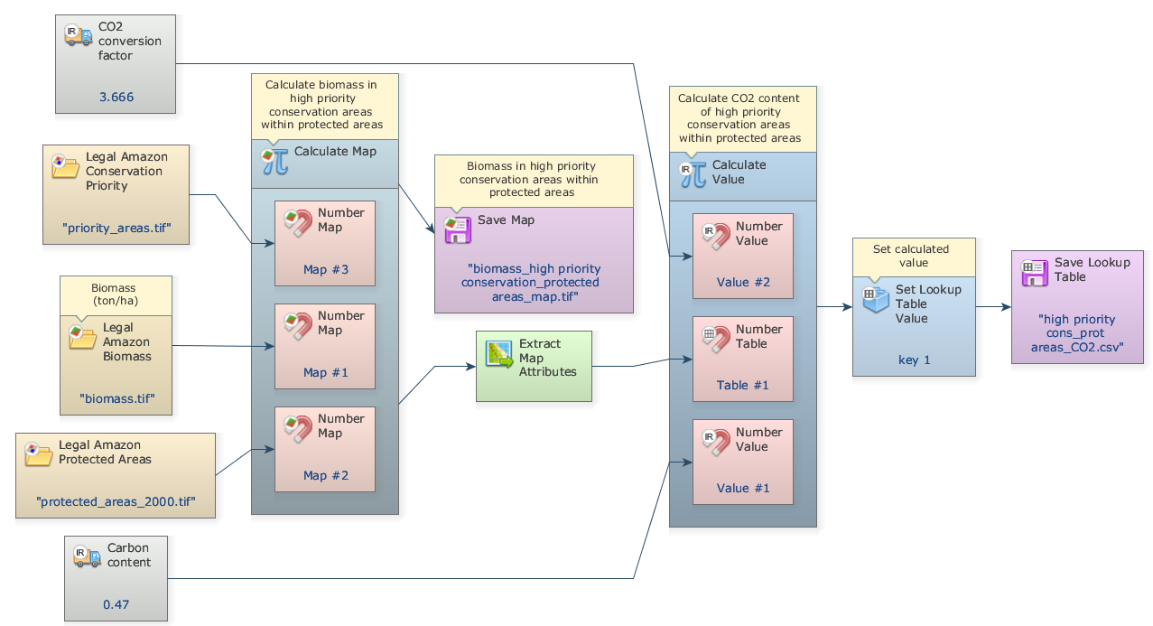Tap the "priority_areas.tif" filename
[x=116, y=228]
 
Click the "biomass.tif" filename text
[x=116, y=397]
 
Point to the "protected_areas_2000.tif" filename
[x=116, y=500]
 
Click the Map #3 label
[x=325, y=269]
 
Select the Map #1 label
[x=325, y=372]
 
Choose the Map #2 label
[x=325, y=475]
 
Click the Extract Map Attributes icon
[x=499, y=354]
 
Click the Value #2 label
[x=743, y=282]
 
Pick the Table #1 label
[x=743, y=385]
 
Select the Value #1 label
[x=743, y=488]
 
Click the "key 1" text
[x=914, y=360]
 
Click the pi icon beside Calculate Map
[x=275, y=161]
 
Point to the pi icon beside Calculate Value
[x=693, y=173]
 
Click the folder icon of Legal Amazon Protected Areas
[x=39, y=453]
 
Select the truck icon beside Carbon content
[x=88, y=556]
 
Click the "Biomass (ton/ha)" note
[x=116, y=294]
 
